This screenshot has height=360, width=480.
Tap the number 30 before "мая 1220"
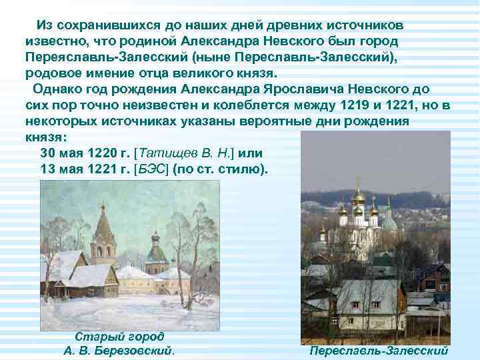pyautogui.click(x=49, y=153)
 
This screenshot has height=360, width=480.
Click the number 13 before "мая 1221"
pyautogui.click(x=49, y=168)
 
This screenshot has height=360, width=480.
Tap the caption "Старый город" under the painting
pyautogui.click(x=119, y=337)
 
